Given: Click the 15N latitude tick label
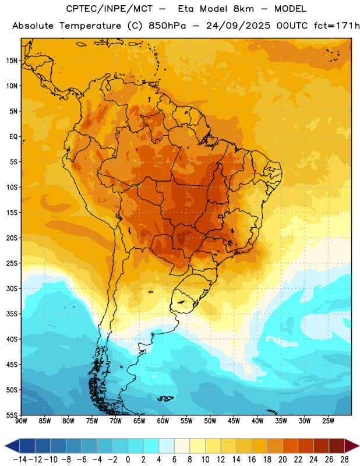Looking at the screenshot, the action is (x=12, y=61).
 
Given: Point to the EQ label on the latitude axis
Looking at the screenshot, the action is (x=13, y=137).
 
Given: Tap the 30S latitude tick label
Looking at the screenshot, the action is (x=12, y=288).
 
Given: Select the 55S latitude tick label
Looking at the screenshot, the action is (x=12, y=415).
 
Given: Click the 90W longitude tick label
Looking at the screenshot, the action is (x=21, y=421).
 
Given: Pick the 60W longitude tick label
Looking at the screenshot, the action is (x=163, y=421).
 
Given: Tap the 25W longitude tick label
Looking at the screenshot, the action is (x=328, y=421).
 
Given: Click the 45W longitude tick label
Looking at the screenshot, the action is (x=234, y=421).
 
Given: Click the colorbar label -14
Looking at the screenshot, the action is (x=20, y=460).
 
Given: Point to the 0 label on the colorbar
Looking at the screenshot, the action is (x=128, y=460).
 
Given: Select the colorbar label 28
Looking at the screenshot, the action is (x=344, y=460).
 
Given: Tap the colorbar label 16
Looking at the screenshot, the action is (x=252, y=460).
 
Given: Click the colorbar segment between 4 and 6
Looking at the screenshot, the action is (x=167, y=446).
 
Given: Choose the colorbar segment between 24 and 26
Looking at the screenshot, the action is (x=322, y=446).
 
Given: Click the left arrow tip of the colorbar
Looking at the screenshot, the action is (x=5, y=446).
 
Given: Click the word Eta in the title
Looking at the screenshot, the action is (x=185, y=9).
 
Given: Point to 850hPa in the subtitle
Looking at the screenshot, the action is (x=167, y=26).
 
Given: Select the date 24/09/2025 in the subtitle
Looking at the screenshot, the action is (x=238, y=26).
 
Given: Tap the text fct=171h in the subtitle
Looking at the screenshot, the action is (x=337, y=26).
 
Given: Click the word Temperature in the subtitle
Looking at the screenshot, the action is (x=90, y=26).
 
